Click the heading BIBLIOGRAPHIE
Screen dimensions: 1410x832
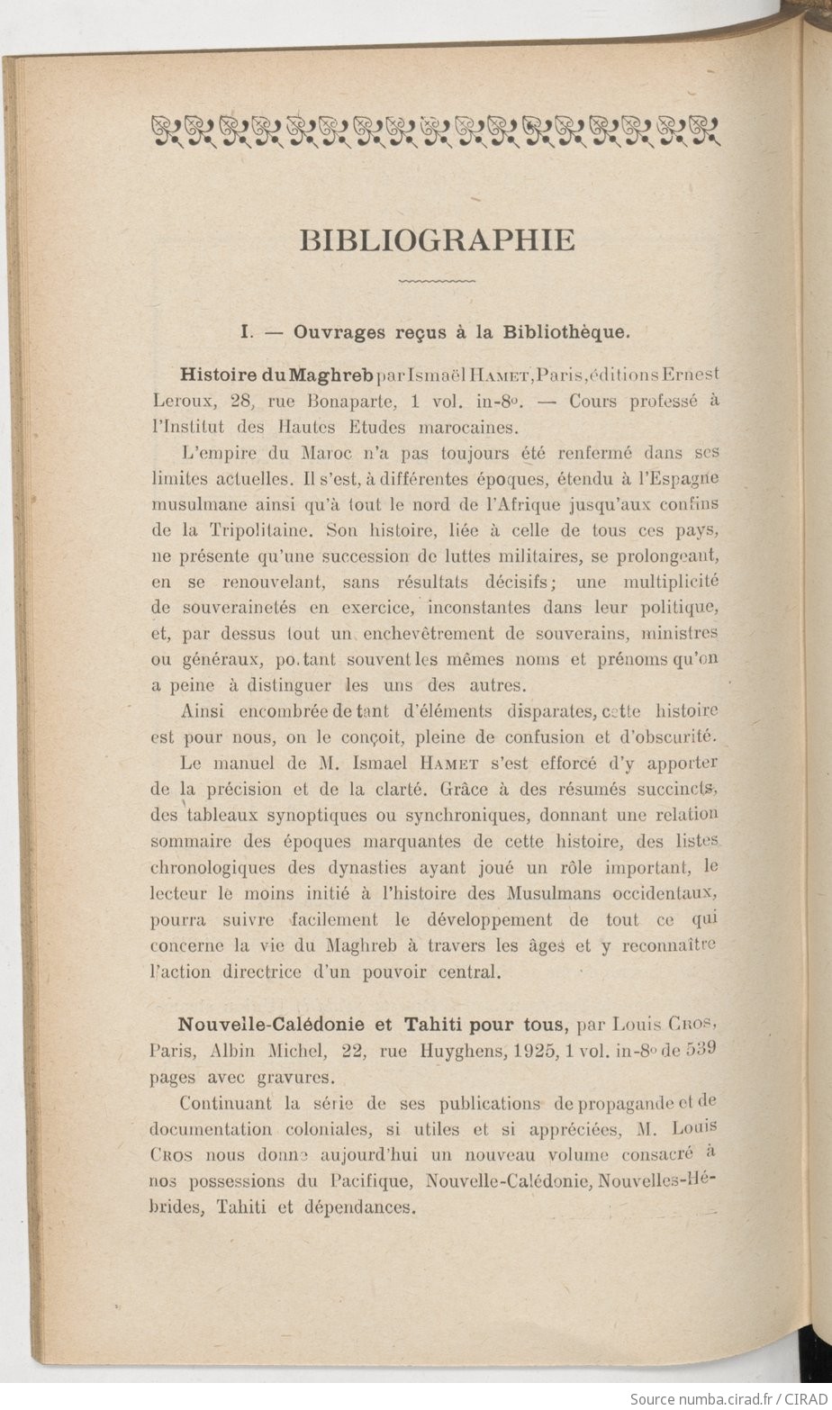point(437,240)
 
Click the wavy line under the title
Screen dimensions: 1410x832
point(437,283)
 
